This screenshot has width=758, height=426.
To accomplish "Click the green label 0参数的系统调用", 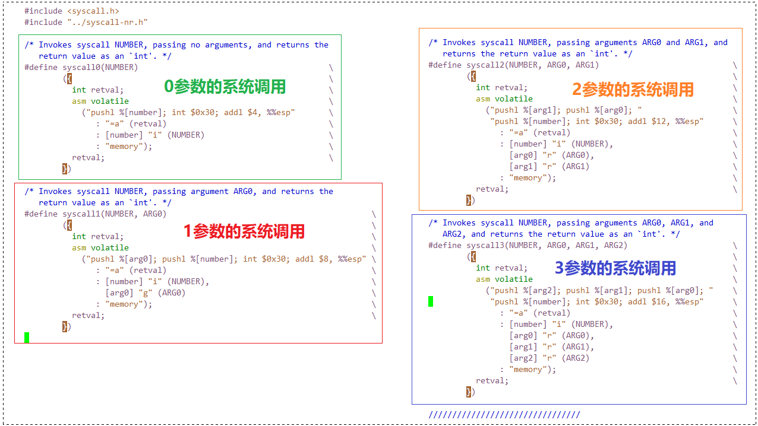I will click(225, 87).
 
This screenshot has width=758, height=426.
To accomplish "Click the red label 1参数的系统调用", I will click(244, 231).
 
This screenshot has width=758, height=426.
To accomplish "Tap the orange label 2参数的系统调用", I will click(633, 90).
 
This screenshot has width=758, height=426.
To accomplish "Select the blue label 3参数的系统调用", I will click(615, 268).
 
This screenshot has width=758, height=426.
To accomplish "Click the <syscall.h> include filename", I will click(93, 11).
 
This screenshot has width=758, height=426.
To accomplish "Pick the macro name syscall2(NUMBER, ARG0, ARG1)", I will click(532, 65).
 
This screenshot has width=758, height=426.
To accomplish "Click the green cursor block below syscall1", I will click(27, 337).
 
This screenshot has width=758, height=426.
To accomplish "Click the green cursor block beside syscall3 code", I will click(431, 301).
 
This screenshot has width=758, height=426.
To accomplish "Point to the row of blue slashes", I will click(504, 415).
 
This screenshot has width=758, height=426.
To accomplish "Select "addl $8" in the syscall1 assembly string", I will click(309, 259).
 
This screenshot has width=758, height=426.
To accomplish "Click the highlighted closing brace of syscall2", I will click(470, 200).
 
